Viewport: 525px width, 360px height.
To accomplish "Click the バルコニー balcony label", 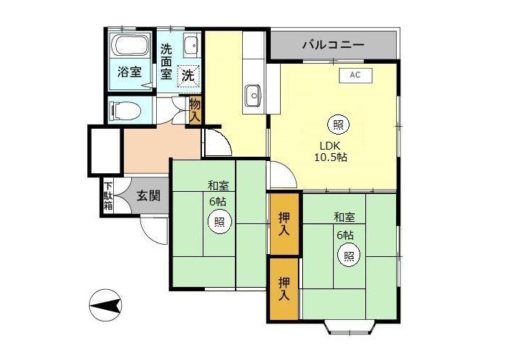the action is pos(333,45).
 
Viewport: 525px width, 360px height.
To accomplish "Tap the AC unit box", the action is pos(355,75).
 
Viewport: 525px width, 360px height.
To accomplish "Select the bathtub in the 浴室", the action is pos(130,44).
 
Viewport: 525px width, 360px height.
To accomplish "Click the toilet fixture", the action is pos(125,110).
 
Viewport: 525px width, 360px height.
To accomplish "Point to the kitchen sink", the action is pos(253,95).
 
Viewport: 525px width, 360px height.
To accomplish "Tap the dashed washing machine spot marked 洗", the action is pos(188,75).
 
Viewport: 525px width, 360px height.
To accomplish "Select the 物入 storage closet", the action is pos(195,110).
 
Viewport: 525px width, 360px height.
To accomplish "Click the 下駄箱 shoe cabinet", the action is pos(108,196).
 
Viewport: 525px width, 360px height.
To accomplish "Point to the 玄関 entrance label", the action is pos(148,195).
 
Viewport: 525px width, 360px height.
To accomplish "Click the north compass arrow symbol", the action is pos(105,306).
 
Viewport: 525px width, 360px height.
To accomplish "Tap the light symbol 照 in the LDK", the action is pos(338,125).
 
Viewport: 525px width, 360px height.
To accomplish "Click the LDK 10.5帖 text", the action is pos(330,151).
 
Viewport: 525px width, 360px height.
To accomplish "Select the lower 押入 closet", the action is pos(284,288).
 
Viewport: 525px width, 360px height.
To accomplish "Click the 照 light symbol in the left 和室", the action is pos(219,221).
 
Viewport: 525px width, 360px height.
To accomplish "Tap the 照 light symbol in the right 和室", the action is pos(349,256).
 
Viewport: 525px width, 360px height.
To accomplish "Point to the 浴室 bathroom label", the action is pos(130,72).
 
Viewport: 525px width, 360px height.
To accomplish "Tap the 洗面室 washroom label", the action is pos(166,62).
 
